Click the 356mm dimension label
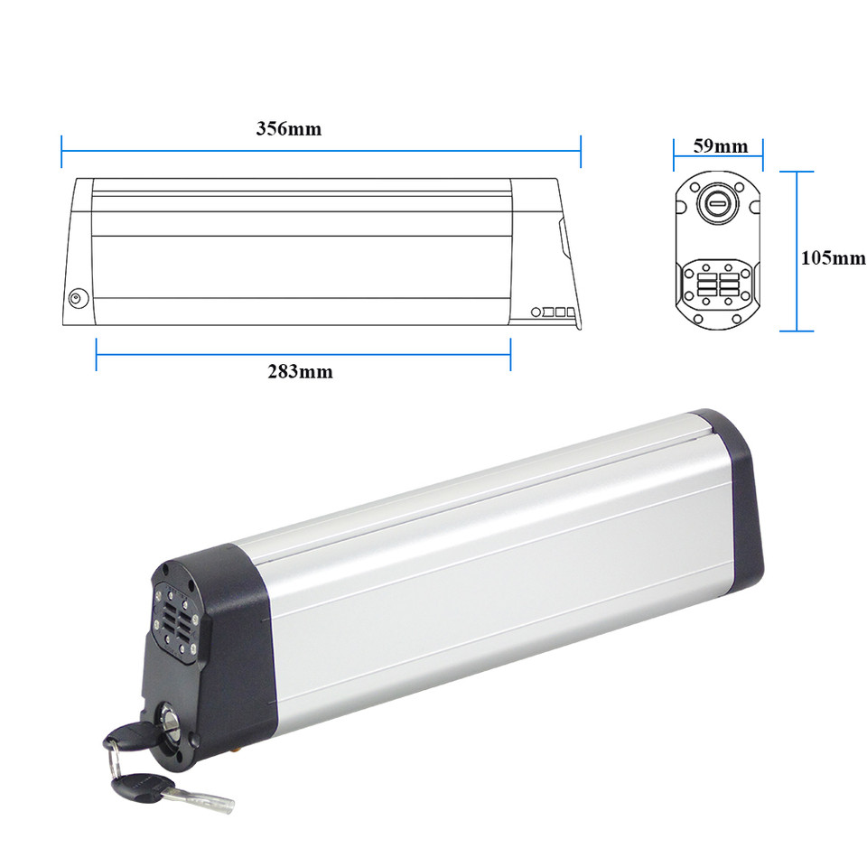pos(289,129)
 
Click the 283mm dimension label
pos(300,371)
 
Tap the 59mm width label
pos(721,146)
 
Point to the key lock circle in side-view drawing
pos(78,299)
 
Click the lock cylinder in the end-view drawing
pos(717,203)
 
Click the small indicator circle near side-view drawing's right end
pos(536,312)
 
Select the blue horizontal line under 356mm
pos(322,151)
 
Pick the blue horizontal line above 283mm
pos(303,354)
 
